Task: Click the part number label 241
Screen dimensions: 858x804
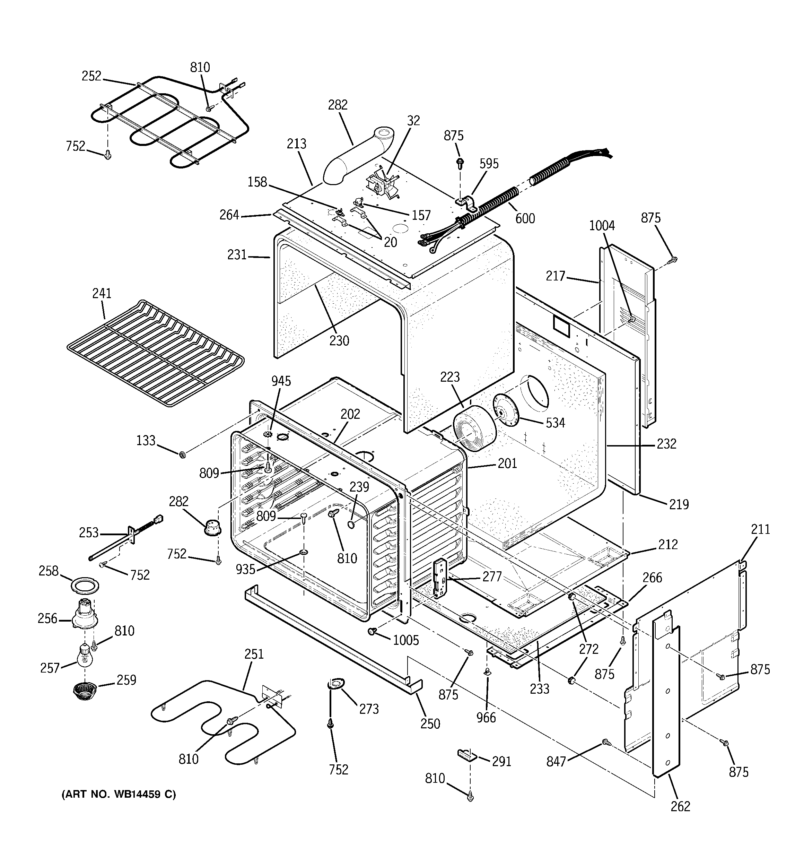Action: pos(102,294)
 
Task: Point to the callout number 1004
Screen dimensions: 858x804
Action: pos(602,226)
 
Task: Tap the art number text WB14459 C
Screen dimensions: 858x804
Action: pos(119,795)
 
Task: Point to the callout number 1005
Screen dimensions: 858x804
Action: pos(406,640)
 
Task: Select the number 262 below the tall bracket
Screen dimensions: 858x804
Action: pos(680,806)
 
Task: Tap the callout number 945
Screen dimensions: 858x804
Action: pos(281,381)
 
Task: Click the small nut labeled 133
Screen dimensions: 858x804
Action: pos(183,454)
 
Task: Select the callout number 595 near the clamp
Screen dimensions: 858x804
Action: pos(489,164)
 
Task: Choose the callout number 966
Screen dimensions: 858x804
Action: pos(486,718)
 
